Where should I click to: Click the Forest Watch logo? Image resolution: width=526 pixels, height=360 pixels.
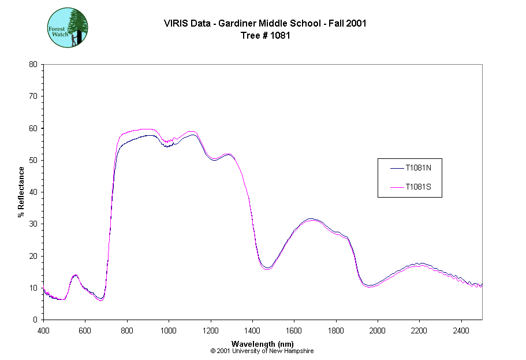coord(67,27)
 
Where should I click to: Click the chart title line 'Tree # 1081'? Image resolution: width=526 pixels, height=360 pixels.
coord(265,35)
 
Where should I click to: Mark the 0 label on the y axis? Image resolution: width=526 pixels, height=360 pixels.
coord(36,320)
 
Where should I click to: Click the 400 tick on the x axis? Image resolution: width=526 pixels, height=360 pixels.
coord(43,329)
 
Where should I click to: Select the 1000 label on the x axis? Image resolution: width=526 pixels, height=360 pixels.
coord(169,329)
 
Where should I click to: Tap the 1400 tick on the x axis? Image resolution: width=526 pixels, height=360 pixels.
coord(252,329)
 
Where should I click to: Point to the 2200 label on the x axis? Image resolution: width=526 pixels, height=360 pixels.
coord(419,329)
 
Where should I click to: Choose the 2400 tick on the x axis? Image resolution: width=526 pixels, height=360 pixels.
coord(461,329)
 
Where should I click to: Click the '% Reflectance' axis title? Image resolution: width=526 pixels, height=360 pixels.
coord(21,192)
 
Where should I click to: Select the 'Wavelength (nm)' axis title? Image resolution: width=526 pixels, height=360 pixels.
coord(263,344)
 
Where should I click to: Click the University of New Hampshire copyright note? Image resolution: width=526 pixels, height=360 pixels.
coord(262,351)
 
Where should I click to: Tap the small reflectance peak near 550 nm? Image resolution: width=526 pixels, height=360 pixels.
coord(75,275)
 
